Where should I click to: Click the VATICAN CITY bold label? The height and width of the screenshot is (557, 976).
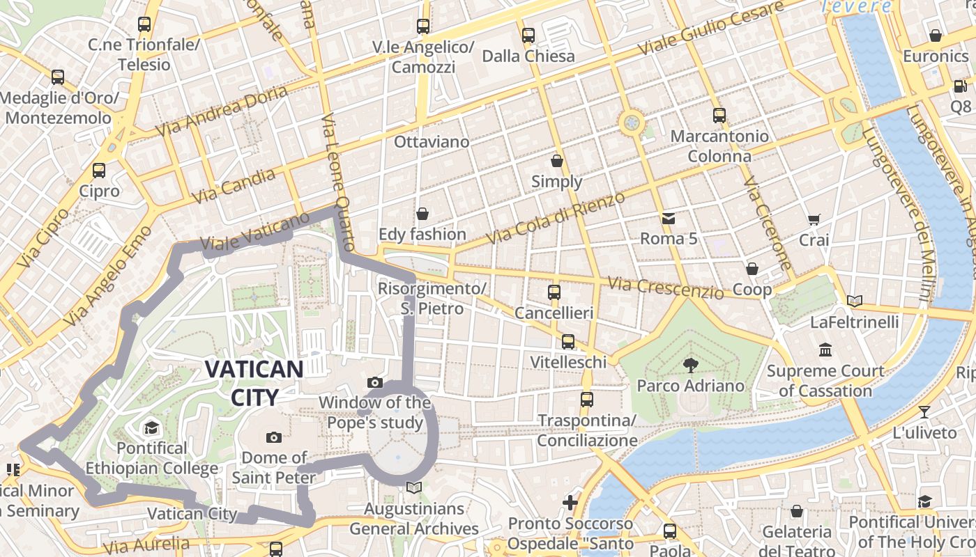tap(254, 383)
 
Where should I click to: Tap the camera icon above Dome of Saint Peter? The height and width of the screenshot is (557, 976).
tap(274, 437)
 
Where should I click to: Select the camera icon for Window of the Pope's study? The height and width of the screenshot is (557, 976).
tap(375, 382)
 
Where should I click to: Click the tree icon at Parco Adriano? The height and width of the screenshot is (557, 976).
tap(690, 365)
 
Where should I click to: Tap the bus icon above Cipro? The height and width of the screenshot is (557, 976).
tap(99, 171)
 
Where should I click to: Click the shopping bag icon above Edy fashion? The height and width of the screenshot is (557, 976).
tap(422, 213)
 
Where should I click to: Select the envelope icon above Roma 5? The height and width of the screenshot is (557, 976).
tap(669, 219)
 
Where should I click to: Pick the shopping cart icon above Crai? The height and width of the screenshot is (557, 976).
tap(814, 220)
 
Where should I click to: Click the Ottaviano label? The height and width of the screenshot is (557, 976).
tap(432, 142)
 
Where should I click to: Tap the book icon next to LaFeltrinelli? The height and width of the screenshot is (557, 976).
tap(855, 301)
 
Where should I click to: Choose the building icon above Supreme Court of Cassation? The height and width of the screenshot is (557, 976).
tap(826, 350)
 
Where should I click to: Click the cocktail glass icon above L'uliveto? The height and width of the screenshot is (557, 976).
tap(924, 412)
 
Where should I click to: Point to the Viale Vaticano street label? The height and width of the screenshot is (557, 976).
tap(254, 232)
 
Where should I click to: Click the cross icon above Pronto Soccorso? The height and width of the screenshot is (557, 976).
tap(570, 502)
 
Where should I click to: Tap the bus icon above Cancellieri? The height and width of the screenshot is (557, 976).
tap(554, 292)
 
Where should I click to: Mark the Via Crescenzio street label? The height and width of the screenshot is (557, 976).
tap(665, 287)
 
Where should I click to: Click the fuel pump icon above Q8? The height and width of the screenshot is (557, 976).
tap(960, 86)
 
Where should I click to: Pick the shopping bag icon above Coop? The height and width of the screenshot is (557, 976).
tap(752, 269)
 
